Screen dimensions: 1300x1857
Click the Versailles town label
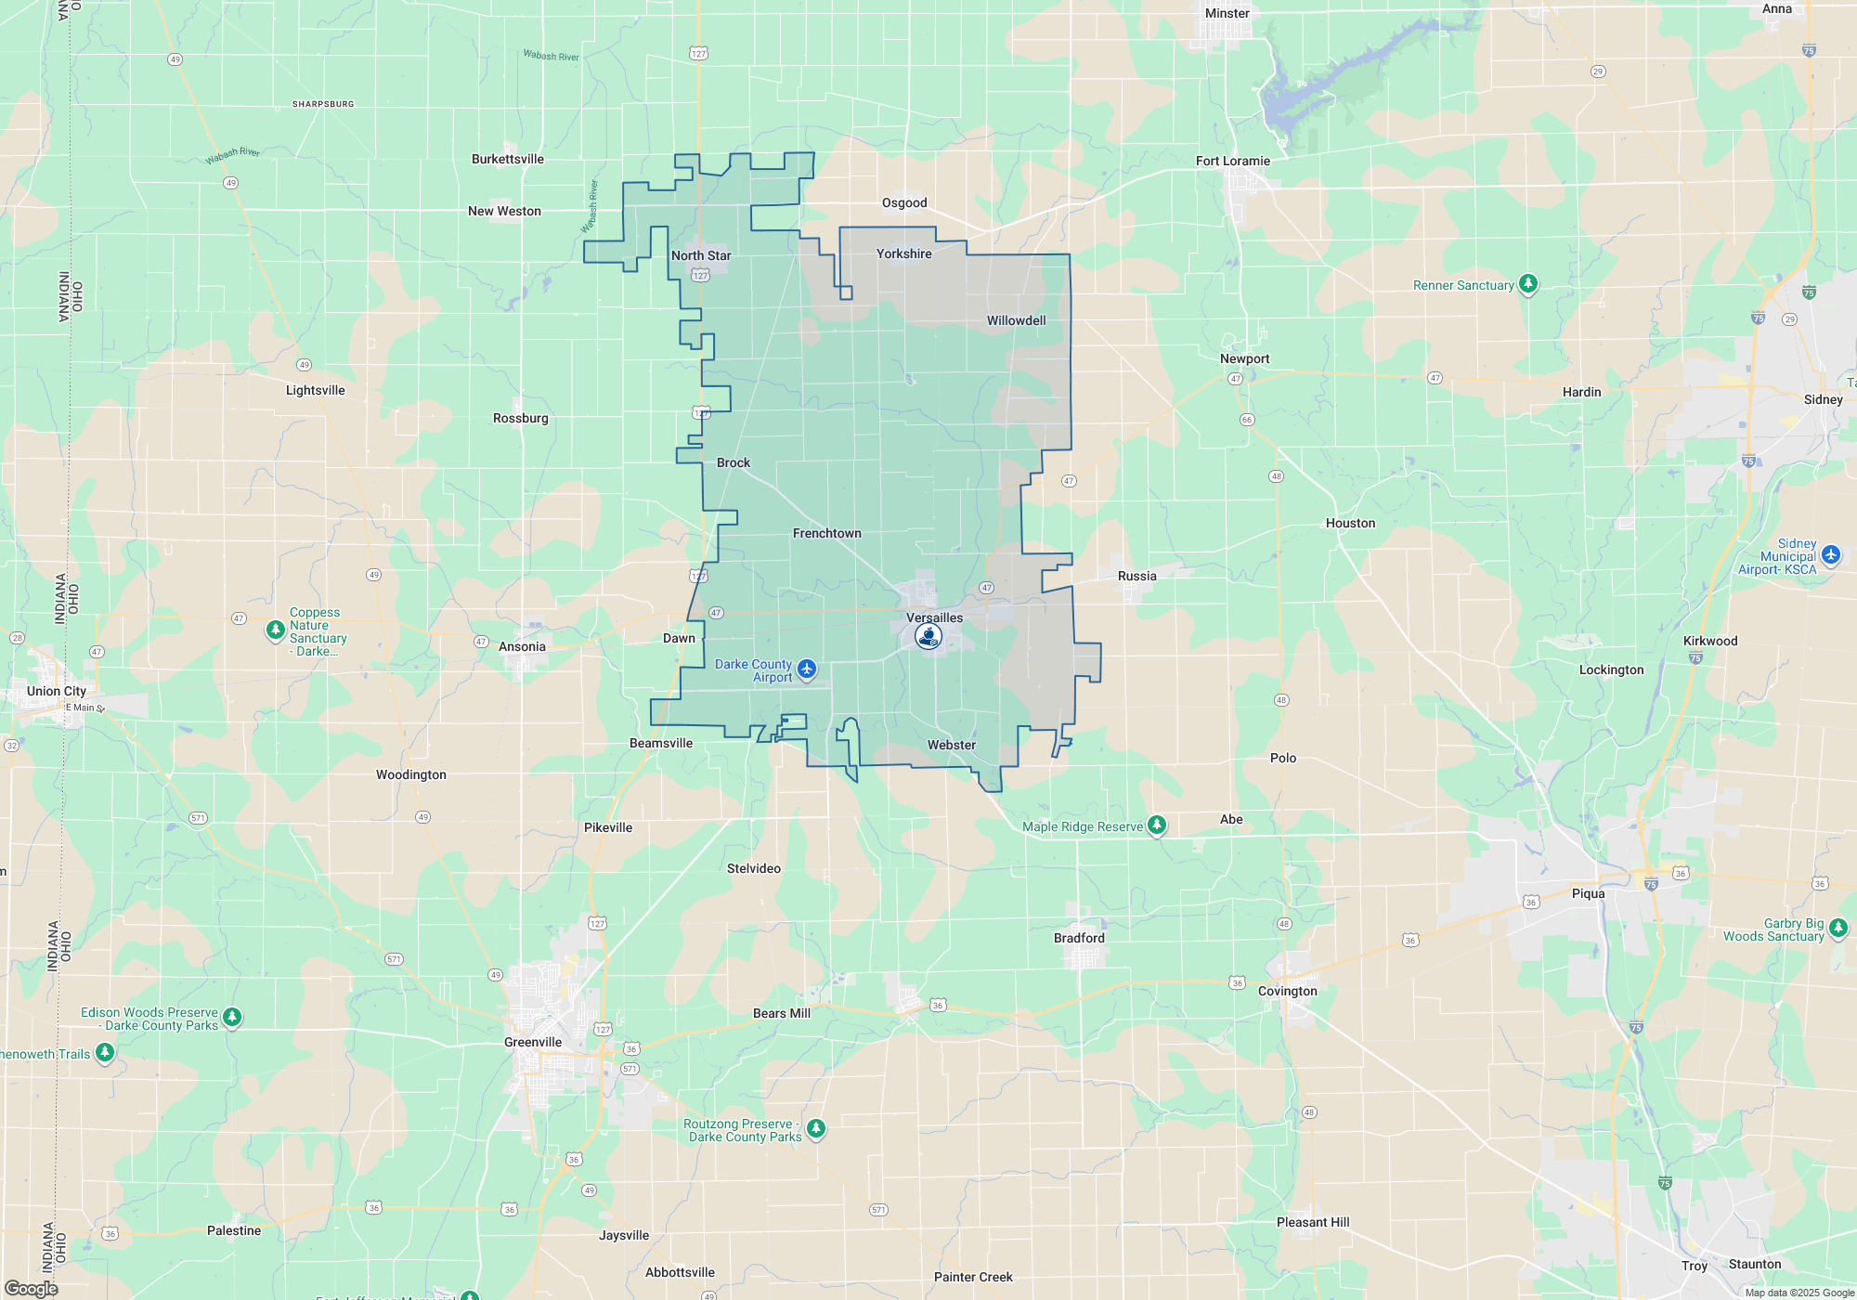[x=934, y=617]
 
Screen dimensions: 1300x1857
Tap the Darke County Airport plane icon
[x=807, y=669]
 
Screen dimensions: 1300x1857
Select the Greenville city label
[x=533, y=1042]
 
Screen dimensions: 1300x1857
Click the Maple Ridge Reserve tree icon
[x=1156, y=825]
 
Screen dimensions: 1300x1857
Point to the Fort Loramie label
[x=1232, y=161]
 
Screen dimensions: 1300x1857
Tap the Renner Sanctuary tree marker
[x=1527, y=284]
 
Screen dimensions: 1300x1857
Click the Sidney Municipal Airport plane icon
[x=1830, y=555]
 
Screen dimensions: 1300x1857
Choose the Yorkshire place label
[x=903, y=253]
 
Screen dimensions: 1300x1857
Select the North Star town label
[x=701, y=255]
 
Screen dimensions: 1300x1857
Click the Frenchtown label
[x=826, y=533]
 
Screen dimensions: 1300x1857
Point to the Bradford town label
[x=1079, y=938]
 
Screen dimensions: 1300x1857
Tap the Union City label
[x=57, y=691]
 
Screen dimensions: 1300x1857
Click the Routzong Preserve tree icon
[x=815, y=1128]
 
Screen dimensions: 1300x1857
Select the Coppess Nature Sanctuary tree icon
[x=275, y=630]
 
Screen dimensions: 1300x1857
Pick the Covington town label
[x=1287, y=991]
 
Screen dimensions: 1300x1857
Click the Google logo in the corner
[x=31, y=1289]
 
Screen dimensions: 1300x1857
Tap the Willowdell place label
[x=1016, y=320]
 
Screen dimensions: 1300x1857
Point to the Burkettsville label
[x=507, y=159]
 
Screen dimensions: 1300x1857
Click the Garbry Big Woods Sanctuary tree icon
[x=1838, y=928]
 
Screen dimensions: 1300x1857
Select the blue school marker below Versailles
[x=928, y=636]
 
